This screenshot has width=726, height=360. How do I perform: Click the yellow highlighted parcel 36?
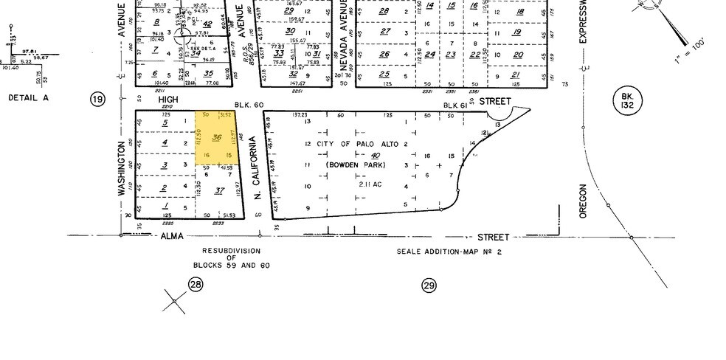tap(218, 138)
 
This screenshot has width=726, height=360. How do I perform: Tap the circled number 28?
tap(195, 285)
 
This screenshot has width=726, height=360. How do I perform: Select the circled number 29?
tap(429, 285)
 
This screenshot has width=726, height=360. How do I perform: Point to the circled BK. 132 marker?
tap(626, 101)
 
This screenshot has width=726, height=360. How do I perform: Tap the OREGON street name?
tap(582, 201)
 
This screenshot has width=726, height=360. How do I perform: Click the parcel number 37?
tap(218, 191)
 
